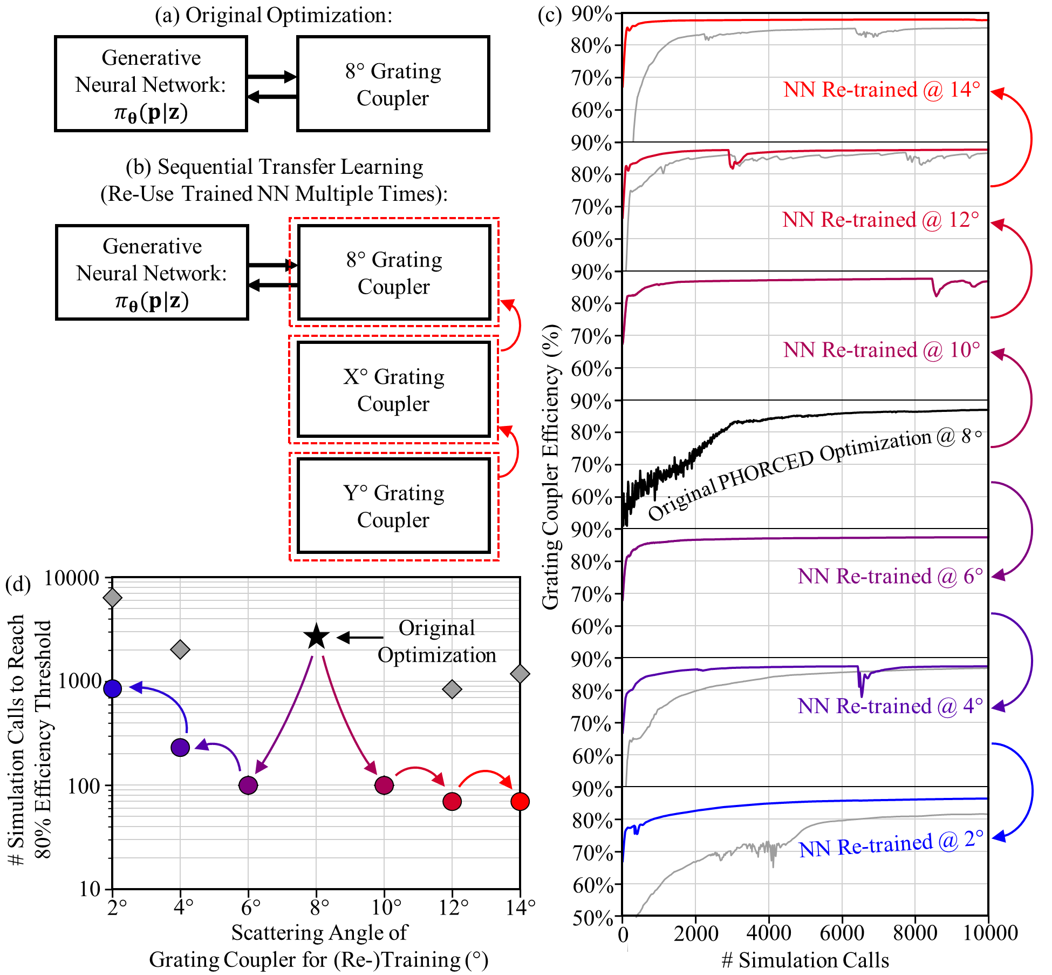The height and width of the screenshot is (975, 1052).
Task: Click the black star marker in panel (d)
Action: coord(317,637)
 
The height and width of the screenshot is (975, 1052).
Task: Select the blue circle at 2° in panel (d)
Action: coord(113,688)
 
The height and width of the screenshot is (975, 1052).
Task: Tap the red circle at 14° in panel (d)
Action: coord(520,801)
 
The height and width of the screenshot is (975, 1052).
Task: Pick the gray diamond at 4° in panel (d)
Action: coord(180,649)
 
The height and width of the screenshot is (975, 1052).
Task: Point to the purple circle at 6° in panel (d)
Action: coord(248,785)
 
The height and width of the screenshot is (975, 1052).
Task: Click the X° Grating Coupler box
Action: coord(394,389)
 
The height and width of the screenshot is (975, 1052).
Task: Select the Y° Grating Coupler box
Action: coord(394,506)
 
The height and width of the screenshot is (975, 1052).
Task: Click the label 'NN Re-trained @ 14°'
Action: coord(882,90)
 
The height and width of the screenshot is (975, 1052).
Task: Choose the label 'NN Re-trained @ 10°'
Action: coord(882,350)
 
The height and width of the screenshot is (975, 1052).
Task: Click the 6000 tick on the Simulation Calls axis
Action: coord(841,933)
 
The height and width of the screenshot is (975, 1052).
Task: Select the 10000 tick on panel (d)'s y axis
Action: coord(71,578)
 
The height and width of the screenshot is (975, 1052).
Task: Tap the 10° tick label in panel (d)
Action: coord(385,907)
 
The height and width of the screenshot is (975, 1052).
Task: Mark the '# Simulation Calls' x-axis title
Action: coord(805,960)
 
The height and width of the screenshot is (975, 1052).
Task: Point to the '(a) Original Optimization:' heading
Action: coord(274,15)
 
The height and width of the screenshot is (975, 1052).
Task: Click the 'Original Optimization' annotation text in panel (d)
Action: coord(436,641)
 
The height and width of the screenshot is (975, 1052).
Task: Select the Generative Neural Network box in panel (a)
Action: coord(151,84)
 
